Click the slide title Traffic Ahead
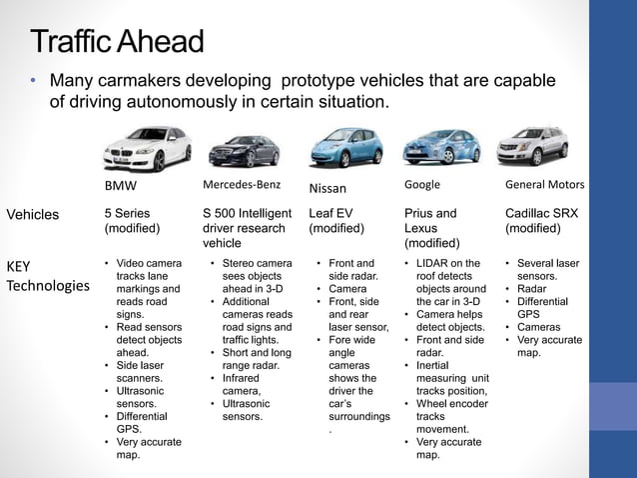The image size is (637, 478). click(x=117, y=42)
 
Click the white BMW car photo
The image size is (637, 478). click(x=146, y=148)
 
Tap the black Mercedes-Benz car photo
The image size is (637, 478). click(x=244, y=151)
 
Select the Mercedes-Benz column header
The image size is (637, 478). click(x=242, y=185)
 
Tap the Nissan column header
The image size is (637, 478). click(x=327, y=188)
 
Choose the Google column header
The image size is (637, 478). click(x=422, y=185)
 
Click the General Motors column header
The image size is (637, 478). click(x=544, y=185)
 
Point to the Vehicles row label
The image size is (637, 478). click(x=33, y=214)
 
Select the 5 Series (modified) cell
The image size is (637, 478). click(x=134, y=221)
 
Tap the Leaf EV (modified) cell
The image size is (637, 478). click(x=335, y=221)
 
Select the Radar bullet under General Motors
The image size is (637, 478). click(x=532, y=288)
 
